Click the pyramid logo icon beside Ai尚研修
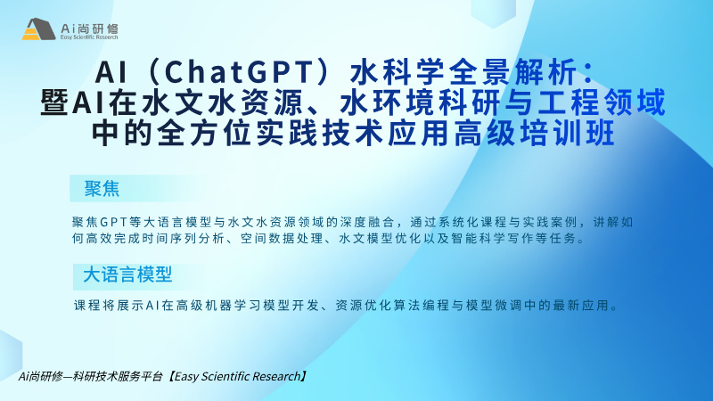[x=38, y=29]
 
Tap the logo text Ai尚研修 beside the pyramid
[x=90, y=29]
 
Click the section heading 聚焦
[x=102, y=188]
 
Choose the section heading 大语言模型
[x=127, y=274]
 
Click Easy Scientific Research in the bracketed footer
[x=237, y=376]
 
